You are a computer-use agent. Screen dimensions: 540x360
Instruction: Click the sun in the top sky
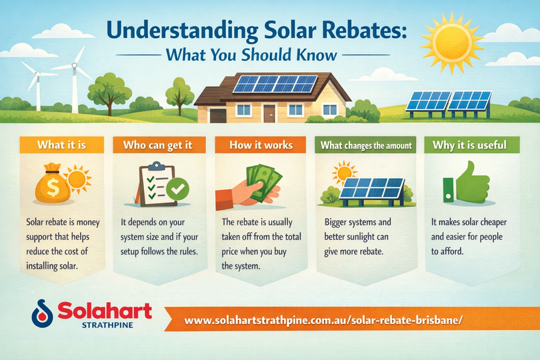pyautogui.click(x=452, y=43)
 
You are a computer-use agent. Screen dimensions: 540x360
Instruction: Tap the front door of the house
pyautogui.click(x=269, y=113)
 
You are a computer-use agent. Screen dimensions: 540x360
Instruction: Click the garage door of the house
pyautogui.click(x=218, y=115)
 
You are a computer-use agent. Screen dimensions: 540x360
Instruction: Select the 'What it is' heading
pyautogui.click(x=61, y=145)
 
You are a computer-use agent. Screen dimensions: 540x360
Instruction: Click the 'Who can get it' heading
pyautogui.click(x=158, y=145)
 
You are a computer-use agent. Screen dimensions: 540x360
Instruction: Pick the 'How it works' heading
pyautogui.click(x=261, y=145)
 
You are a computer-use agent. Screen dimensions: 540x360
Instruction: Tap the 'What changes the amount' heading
pyautogui.click(x=366, y=145)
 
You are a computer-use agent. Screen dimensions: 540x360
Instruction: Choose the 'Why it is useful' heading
pyautogui.click(x=470, y=145)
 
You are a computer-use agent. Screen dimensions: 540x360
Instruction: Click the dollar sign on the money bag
pyautogui.click(x=53, y=188)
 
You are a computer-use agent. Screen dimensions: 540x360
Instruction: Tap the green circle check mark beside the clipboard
pyautogui.click(x=178, y=189)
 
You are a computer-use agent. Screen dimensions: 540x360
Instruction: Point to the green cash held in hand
pyautogui.click(x=264, y=182)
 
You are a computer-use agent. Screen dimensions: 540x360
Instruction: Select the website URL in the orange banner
pyautogui.click(x=323, y=320)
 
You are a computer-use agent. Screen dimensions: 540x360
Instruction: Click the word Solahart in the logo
pyautogui.click(x=105, y=311)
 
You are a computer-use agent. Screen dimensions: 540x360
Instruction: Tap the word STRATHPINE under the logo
pyautogui.click(x=107, y=325)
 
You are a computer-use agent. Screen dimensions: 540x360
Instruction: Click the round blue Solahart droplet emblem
pyautogui.click(x=43, y=313)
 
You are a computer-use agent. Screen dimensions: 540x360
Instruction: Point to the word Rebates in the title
pyautogui.click(x=366, y=30)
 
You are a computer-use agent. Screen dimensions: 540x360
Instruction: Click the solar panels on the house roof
pyautogui.click(x=275, y=84)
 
